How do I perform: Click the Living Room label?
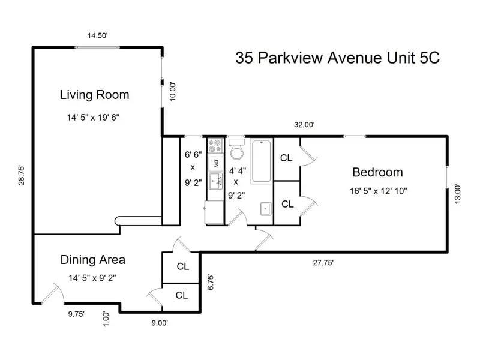(x=94, y=95)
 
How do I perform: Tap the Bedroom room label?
(x=377, y=172)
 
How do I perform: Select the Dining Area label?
(x=93, y=260)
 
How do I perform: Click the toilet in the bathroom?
(x=237, y=149)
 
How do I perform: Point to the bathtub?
(x=261, y=161)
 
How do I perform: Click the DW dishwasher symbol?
(x=216, y=164)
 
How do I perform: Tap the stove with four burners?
(x=215, y=146)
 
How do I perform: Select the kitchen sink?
(x=216, y=181)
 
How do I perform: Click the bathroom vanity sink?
(x=265, y=209)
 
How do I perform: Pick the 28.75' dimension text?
(x=21, y=175)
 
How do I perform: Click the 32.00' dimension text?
(x=304, y=125)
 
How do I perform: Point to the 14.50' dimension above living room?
(x=97, y=35)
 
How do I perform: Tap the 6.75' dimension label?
(x=211, y=282)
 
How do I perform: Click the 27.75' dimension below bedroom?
(x=323, y=263)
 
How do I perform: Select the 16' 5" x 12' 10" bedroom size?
(x=379, y=191)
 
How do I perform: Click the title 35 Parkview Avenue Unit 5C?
(x=337, y=58)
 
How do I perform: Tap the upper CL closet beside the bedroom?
(x=286, y=158)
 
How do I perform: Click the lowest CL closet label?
(x=182, y=295)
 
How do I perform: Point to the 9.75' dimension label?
(x=76, y=314)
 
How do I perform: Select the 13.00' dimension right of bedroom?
(x=457, y=194)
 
